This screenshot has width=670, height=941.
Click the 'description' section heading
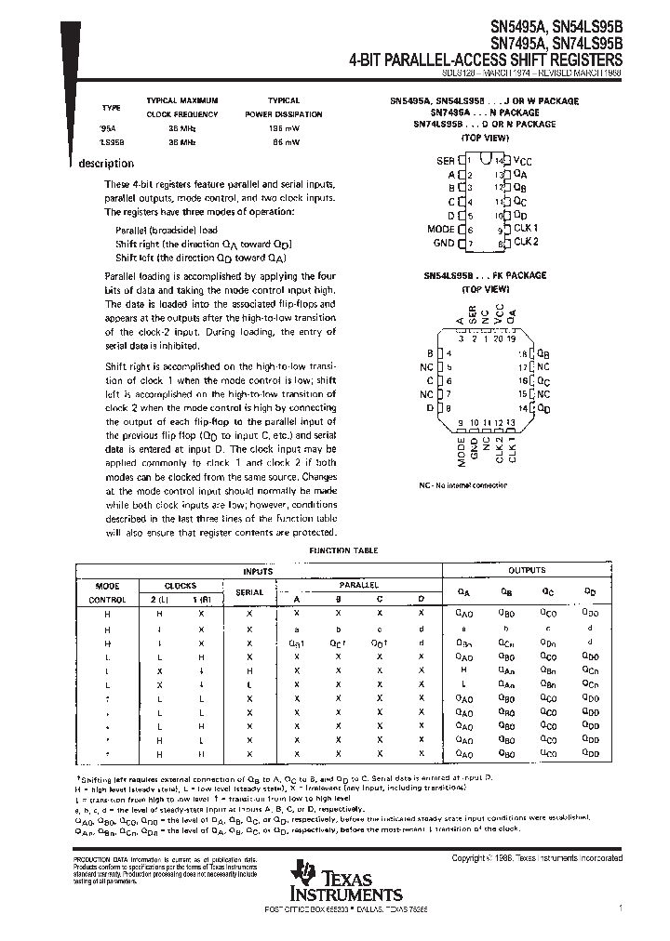tap(106, 164)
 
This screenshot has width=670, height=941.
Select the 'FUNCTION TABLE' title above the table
tap(343, 550)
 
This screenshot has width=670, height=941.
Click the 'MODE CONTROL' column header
tap(107, 592)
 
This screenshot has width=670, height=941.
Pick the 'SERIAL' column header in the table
tap(249, 592)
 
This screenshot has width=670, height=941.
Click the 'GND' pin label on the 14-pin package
tap(443, 243)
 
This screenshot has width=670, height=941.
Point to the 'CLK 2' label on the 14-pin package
tap(527, 242)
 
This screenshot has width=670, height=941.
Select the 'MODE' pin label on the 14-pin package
tap(440, 229)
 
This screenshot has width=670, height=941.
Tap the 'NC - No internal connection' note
tap(462, 485)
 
